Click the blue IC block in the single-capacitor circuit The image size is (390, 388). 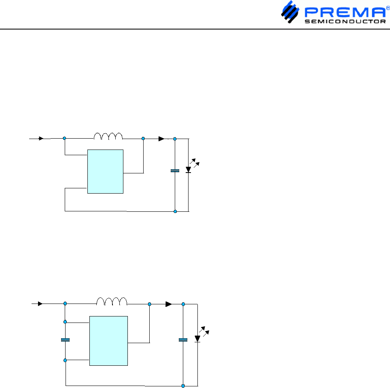106,171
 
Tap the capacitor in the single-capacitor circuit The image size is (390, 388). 175,171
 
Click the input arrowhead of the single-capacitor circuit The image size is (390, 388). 41,138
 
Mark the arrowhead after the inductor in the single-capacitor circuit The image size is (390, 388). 161,139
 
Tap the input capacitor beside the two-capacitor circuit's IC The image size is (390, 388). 65,340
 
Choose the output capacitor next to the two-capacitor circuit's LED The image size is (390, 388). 183,340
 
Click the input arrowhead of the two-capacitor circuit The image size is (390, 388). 40,303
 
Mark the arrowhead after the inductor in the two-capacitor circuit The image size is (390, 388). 169,304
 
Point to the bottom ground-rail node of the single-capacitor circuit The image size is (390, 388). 175,211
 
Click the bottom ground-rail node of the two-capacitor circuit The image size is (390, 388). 183,386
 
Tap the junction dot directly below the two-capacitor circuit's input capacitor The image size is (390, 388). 65,360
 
